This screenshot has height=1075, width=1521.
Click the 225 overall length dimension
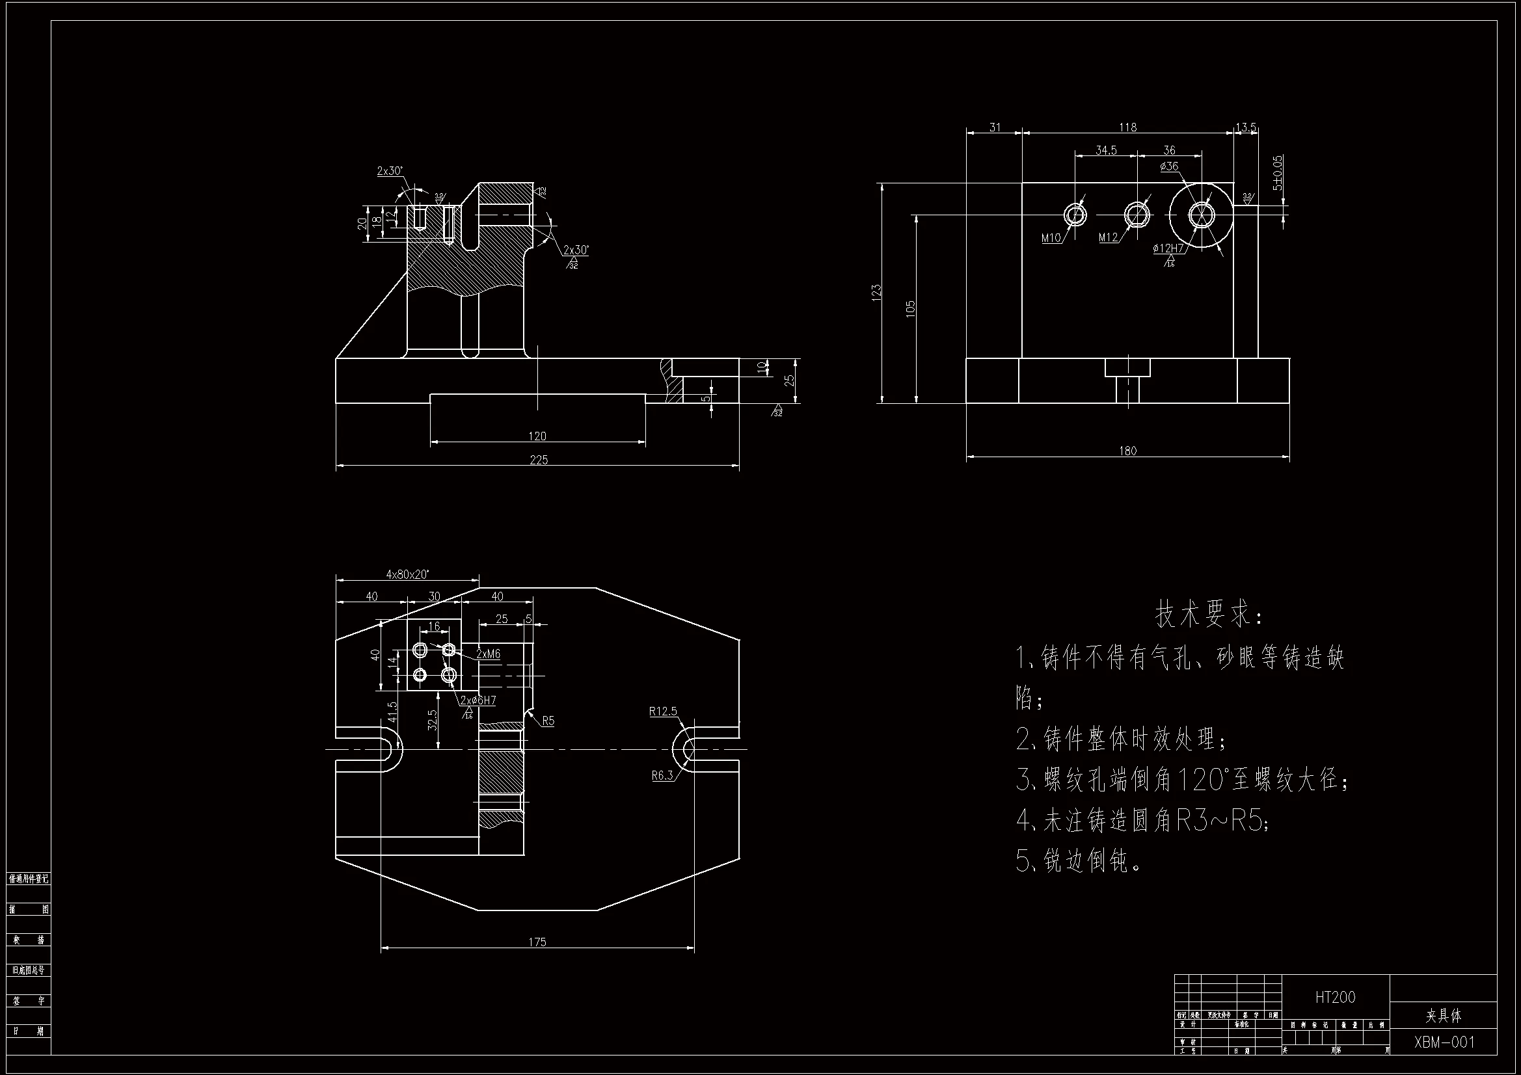[x=539, y=460]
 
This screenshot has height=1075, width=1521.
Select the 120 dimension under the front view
[x=537, y=436]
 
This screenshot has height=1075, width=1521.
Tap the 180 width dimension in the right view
[x=1127, y=451]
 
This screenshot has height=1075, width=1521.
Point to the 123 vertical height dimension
[x=877, y=293]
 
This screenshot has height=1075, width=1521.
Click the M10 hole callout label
[x=1051, y=238]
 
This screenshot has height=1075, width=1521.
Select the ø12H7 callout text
[x=1168, y=248]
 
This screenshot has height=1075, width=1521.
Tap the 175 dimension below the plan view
[x=537, y=941]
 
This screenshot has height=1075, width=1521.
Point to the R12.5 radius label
[x=662, y=711]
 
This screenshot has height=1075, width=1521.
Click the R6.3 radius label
[x=662, y=775]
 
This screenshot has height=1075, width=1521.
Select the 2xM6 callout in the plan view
[x=488, y=654]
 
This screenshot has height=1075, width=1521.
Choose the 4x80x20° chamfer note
[x=407, y=574]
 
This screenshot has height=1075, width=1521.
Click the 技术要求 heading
[x=1208, y=615]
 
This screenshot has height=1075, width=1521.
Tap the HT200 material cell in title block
[x=1335, y=997]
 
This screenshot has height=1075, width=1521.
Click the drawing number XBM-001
[x=1444, y=1042]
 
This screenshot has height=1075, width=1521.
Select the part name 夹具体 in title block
[x=1444, y=1015]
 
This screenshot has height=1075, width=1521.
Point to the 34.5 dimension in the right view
[x=1106, y=150]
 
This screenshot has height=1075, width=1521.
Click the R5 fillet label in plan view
[x=548, y=721]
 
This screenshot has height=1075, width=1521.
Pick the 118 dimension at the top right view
[x=1127, y=127]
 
